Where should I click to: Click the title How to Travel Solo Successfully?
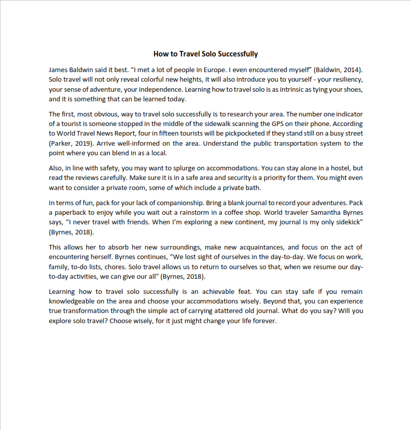(x=205, y=54)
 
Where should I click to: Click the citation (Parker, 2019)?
(x=70, y=143)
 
